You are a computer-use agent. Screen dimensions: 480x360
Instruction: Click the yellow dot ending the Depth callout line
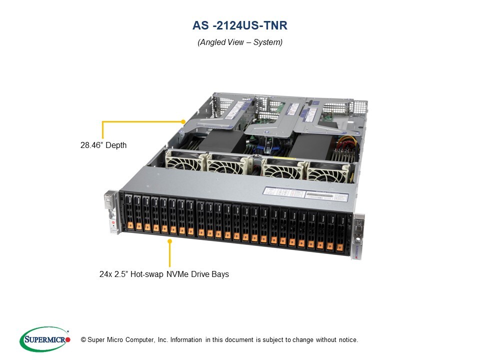[183, 121]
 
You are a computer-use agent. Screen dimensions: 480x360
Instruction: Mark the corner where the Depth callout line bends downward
[102, 121]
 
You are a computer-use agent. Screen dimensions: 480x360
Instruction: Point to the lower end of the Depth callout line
[102, 138]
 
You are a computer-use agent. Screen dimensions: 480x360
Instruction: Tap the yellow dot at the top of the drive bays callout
[169, 241]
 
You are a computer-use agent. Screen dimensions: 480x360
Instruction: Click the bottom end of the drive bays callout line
[169, 266]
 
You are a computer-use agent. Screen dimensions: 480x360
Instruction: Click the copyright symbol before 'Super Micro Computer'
[83, 340]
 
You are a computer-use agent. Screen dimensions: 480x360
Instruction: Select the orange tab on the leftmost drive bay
[130, 225]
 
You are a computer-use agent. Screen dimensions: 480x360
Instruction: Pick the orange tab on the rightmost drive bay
[339, 247]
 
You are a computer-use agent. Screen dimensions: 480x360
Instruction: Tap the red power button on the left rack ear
[113, 222]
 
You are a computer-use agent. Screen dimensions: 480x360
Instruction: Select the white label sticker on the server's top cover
[305, 194]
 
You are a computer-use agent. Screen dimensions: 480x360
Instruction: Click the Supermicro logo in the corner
[45, 339]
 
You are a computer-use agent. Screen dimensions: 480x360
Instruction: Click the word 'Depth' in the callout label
[116, 145]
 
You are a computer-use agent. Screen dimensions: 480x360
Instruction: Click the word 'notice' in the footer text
[348, 340]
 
